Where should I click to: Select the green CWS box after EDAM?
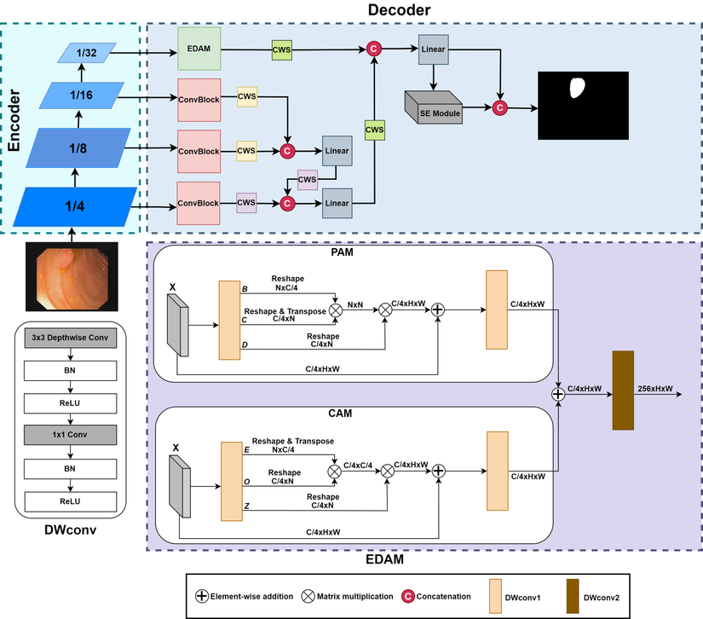tap(282, 50)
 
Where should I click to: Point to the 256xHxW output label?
tap(654, 389)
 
